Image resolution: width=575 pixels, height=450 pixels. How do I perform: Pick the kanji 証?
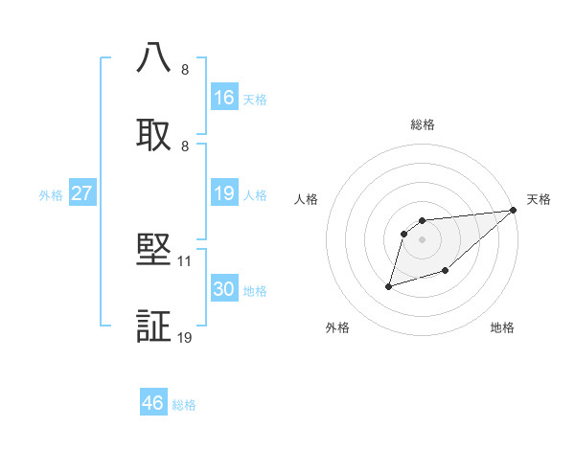[154, 326]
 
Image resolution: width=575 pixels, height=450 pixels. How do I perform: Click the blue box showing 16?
[224, 98]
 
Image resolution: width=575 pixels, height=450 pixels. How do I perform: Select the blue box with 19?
[224, 194]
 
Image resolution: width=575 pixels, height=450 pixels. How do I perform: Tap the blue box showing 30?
[224, 290]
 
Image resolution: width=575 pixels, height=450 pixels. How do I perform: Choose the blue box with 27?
[82, 193]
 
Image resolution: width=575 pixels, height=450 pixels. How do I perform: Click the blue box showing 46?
[153, 403]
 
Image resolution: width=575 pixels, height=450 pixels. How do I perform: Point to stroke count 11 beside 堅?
[185, 260]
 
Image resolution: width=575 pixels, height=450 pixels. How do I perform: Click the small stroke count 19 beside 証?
[185, 337]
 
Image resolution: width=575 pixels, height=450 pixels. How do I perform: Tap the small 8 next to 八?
[185, 69]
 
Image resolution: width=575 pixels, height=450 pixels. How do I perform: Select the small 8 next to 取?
[185, 146]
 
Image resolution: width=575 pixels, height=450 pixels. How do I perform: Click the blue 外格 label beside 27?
[51, 195]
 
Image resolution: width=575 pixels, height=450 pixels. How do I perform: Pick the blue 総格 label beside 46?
[184, 405]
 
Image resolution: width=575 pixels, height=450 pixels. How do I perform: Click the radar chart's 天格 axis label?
[540, 199]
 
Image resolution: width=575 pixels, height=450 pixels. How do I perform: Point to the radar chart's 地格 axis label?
[502, 328]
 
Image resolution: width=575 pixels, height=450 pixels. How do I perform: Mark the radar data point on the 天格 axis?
[514, 211]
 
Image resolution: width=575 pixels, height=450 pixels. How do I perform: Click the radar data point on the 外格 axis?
[389, 286]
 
